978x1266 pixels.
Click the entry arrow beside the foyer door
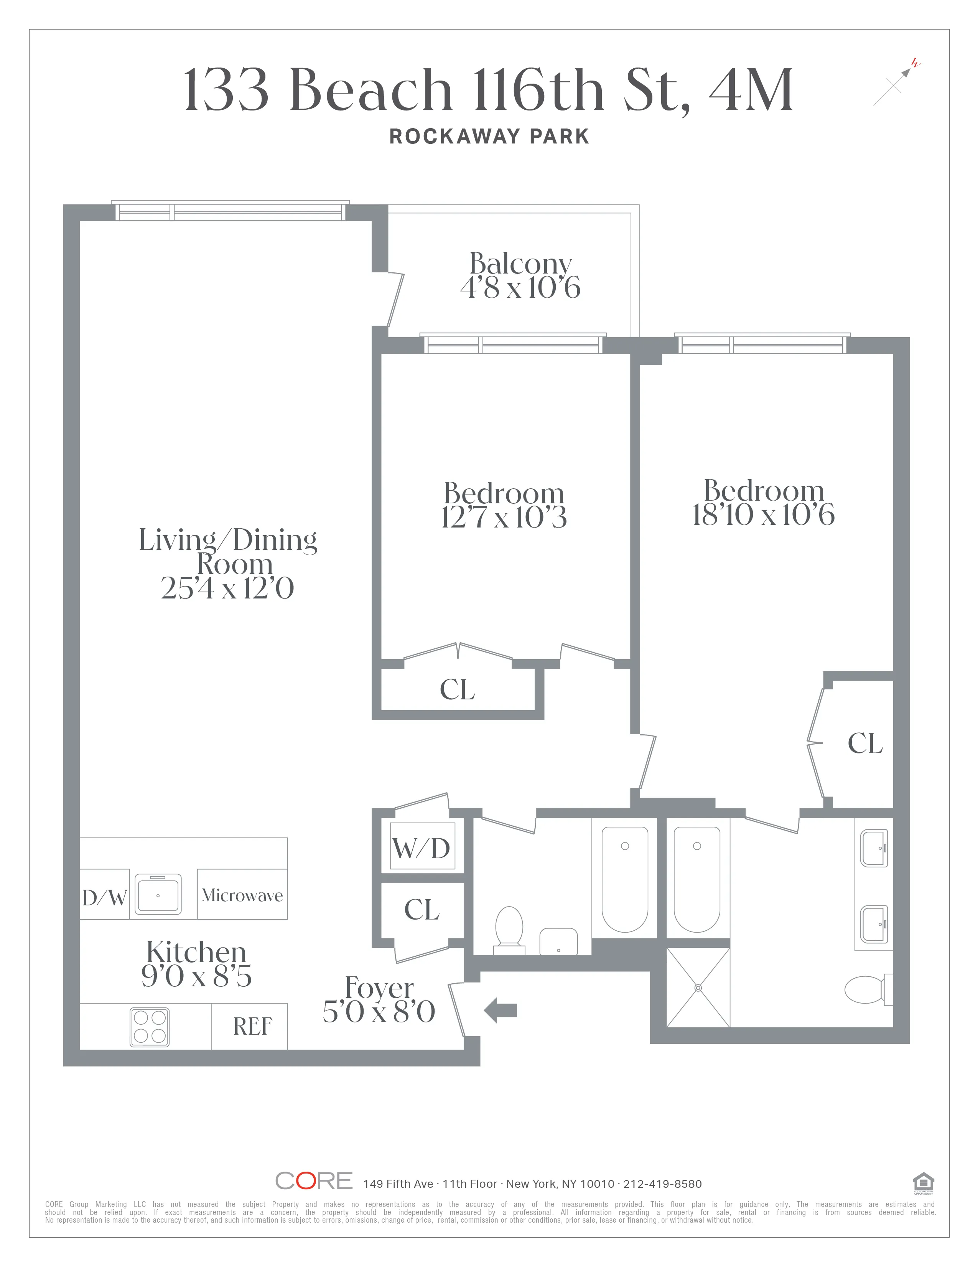(500, 1010)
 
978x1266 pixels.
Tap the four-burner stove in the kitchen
(150, 1027)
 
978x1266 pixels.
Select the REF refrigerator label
(252, 1027)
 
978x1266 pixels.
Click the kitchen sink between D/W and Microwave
(158, 894)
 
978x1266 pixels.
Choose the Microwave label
(242, 895)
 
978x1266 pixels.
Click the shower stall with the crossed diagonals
(698, 987)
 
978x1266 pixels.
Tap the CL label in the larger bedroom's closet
(864, 744)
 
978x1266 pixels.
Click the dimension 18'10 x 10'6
(763, 515)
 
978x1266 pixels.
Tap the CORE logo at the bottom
(313, 1181)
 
